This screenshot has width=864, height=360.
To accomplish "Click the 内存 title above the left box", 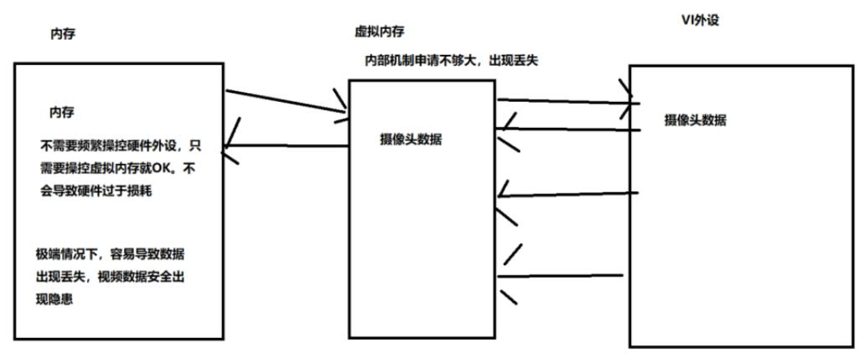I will coord(62,35).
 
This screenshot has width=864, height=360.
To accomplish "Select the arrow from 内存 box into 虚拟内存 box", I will coord(286,103).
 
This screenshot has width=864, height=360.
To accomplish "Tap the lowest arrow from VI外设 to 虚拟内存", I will coord(561,275).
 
